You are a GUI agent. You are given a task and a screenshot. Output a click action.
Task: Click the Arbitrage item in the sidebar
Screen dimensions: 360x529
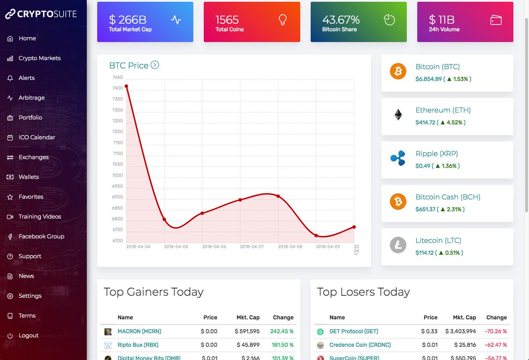31,98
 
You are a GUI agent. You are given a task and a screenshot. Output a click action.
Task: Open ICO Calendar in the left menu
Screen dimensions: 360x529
37,137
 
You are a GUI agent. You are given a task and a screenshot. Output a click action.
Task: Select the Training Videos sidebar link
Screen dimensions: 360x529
40,217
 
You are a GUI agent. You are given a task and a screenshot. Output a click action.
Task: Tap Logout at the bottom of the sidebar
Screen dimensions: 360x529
28,335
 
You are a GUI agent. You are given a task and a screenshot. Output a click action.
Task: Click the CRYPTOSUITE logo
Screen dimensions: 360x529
41,14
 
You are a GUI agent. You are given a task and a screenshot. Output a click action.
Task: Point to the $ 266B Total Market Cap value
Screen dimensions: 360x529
128,20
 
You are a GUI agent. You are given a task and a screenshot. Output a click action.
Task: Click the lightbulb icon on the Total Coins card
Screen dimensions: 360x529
283,20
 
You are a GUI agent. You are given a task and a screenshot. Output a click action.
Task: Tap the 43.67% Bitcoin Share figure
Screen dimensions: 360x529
341,20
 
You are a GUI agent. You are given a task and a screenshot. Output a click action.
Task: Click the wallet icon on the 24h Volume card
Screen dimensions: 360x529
496,20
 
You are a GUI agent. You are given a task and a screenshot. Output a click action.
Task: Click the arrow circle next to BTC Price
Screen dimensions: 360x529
155,65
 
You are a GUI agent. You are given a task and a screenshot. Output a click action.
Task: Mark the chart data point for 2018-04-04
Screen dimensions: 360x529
127,86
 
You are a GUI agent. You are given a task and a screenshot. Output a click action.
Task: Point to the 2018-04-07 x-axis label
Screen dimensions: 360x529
252,247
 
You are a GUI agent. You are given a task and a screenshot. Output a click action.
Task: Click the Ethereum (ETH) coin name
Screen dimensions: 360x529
443,110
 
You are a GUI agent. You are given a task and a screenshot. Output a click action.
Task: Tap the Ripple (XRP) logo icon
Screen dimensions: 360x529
398,159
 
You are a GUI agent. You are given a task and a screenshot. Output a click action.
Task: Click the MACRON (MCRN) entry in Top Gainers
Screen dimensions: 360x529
139,331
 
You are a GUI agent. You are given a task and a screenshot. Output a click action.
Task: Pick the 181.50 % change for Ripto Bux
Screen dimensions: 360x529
283,345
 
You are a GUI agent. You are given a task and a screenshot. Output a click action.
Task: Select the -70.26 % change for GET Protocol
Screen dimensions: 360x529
496,331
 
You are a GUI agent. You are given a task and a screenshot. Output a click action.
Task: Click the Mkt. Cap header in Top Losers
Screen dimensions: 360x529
464,317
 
